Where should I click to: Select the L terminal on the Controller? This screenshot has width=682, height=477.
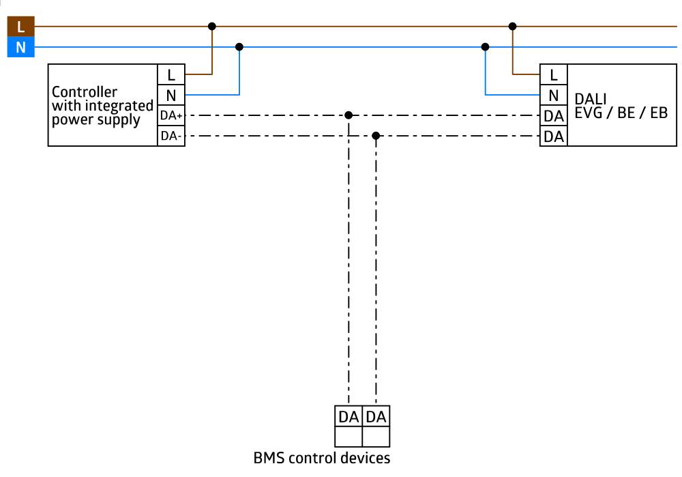coord(171,74)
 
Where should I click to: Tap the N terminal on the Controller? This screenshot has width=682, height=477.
coord(171,95)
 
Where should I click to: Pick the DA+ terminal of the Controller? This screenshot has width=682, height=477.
coord(171,115)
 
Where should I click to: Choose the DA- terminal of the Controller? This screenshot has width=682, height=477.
coord(171,136)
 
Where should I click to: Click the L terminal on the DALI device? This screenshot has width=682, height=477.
coord(553,74)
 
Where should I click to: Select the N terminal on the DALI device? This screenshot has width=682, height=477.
coord(553,95)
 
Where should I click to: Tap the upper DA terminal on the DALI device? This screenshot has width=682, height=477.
coord(553,116)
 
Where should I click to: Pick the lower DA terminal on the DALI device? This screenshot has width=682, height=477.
coord(553,136)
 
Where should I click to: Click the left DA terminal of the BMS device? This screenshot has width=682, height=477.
coord(349,416)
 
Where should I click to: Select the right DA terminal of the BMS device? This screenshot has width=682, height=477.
coord(376,416)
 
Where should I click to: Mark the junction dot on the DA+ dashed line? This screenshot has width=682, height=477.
coord(349,115)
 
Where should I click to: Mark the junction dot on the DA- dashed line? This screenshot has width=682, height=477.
coord(376,136)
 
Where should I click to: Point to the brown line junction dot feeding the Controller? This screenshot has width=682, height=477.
coord(212,27)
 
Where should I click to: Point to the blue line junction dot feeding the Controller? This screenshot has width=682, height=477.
coord(239,47)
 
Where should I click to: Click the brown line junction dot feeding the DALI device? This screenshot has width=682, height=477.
coord(512,27)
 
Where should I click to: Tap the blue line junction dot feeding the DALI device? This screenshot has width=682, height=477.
coord(485,47)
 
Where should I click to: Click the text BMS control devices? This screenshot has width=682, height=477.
coord(323,458)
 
